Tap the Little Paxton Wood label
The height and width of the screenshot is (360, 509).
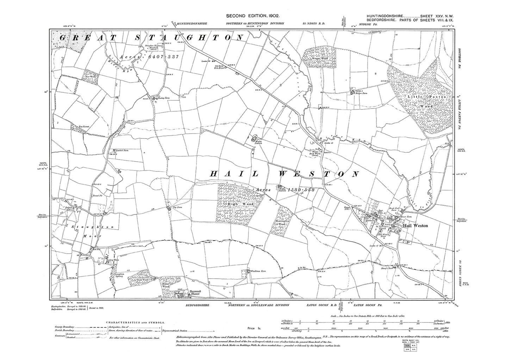427,100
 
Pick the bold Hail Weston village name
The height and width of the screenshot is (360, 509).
416,225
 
